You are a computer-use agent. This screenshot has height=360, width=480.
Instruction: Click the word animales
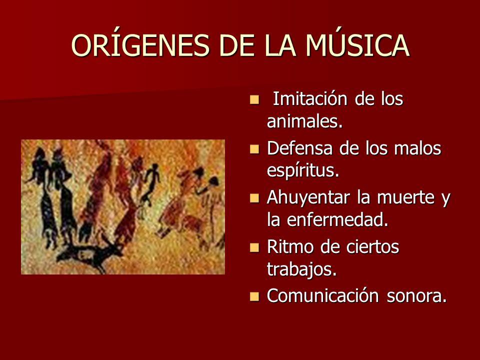[305, 121]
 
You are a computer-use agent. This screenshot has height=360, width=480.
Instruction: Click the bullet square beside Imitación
[254, 100]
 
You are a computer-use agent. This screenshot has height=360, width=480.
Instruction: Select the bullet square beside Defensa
[254, 149]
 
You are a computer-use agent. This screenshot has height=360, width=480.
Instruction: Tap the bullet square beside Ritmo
[254, 247]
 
